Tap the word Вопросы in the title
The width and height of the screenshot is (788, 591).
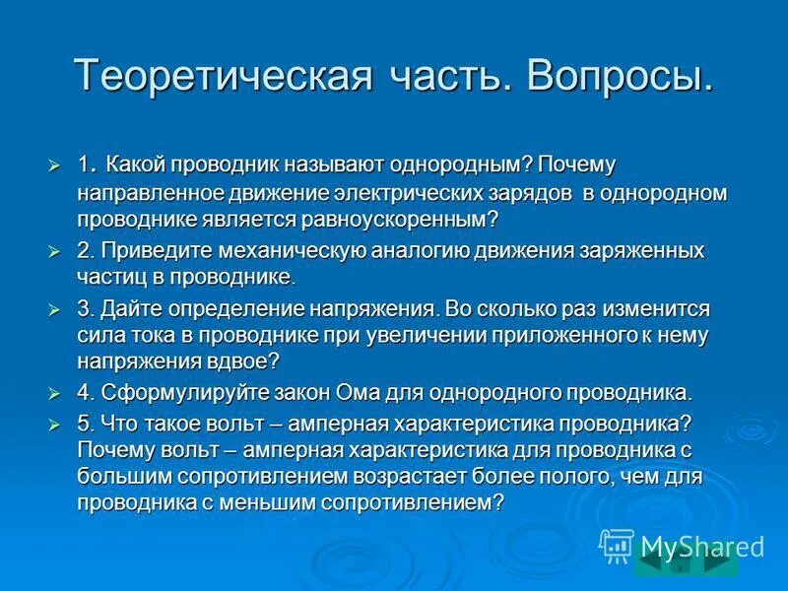point(620,77)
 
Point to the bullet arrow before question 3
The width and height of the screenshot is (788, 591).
point(55,309)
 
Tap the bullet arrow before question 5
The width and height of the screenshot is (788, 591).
point(55,423)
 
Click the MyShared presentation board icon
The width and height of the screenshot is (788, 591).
point(617,545)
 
